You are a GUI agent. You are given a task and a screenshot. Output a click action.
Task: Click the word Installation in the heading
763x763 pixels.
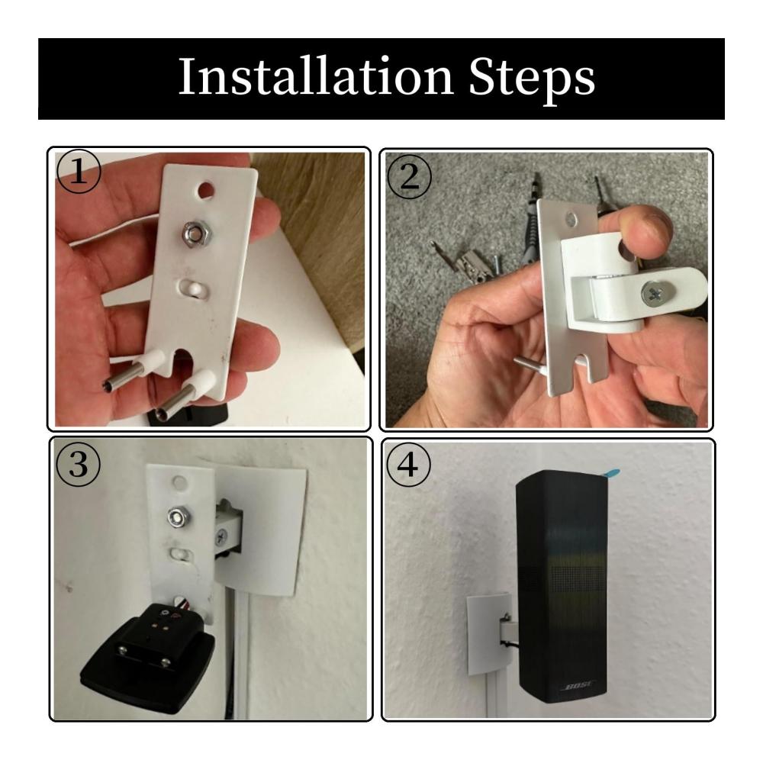pyautogui.click(x=317, y=76)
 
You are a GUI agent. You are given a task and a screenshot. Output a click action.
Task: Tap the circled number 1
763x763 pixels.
pyautogui.click(x=79, y=172)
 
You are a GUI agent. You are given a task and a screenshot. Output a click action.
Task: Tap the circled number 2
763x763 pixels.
pyautogui.click(x=409, y=176)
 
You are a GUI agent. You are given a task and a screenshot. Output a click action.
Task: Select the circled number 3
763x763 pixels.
pyautogui.click(x=79, y=464)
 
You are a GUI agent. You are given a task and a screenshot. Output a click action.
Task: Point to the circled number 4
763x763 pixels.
pyautogui.click(x=407, y=464)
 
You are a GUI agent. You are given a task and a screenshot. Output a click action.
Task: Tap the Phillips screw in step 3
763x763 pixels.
pyautogui.click(x=221, y=538)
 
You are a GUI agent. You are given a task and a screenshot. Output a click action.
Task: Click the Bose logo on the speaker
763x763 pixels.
pyautogui.click(x=578, y=687)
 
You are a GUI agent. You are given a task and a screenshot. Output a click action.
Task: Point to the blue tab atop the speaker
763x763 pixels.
pyautogui.click(x=610, y=473)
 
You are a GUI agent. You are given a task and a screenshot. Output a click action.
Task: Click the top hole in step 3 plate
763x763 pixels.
pyautogui.click(x=179, y=483)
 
